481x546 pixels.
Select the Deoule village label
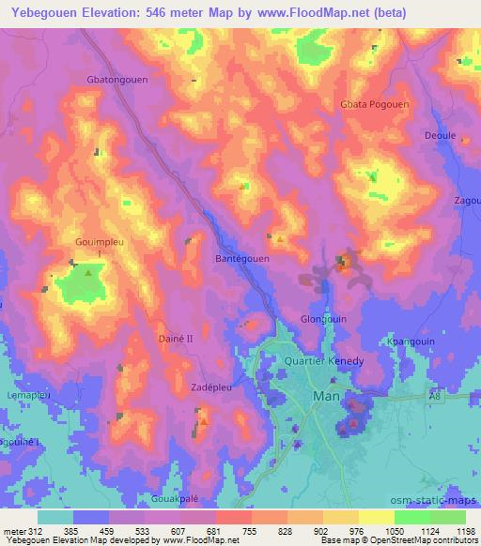[x=440, y=135]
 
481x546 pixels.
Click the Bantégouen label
[x=242, y=258]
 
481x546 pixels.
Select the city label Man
[x=321, y=397]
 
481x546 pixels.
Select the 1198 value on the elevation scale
[x=463, y=530]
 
